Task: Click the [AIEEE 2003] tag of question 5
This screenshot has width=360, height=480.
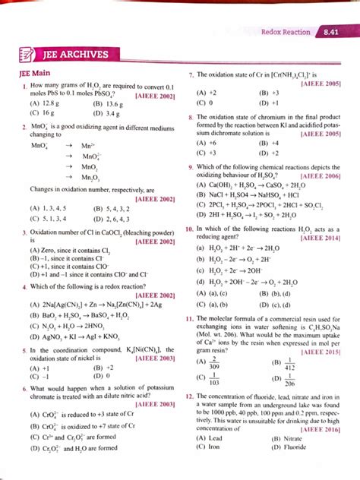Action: (x=154, y=359)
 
